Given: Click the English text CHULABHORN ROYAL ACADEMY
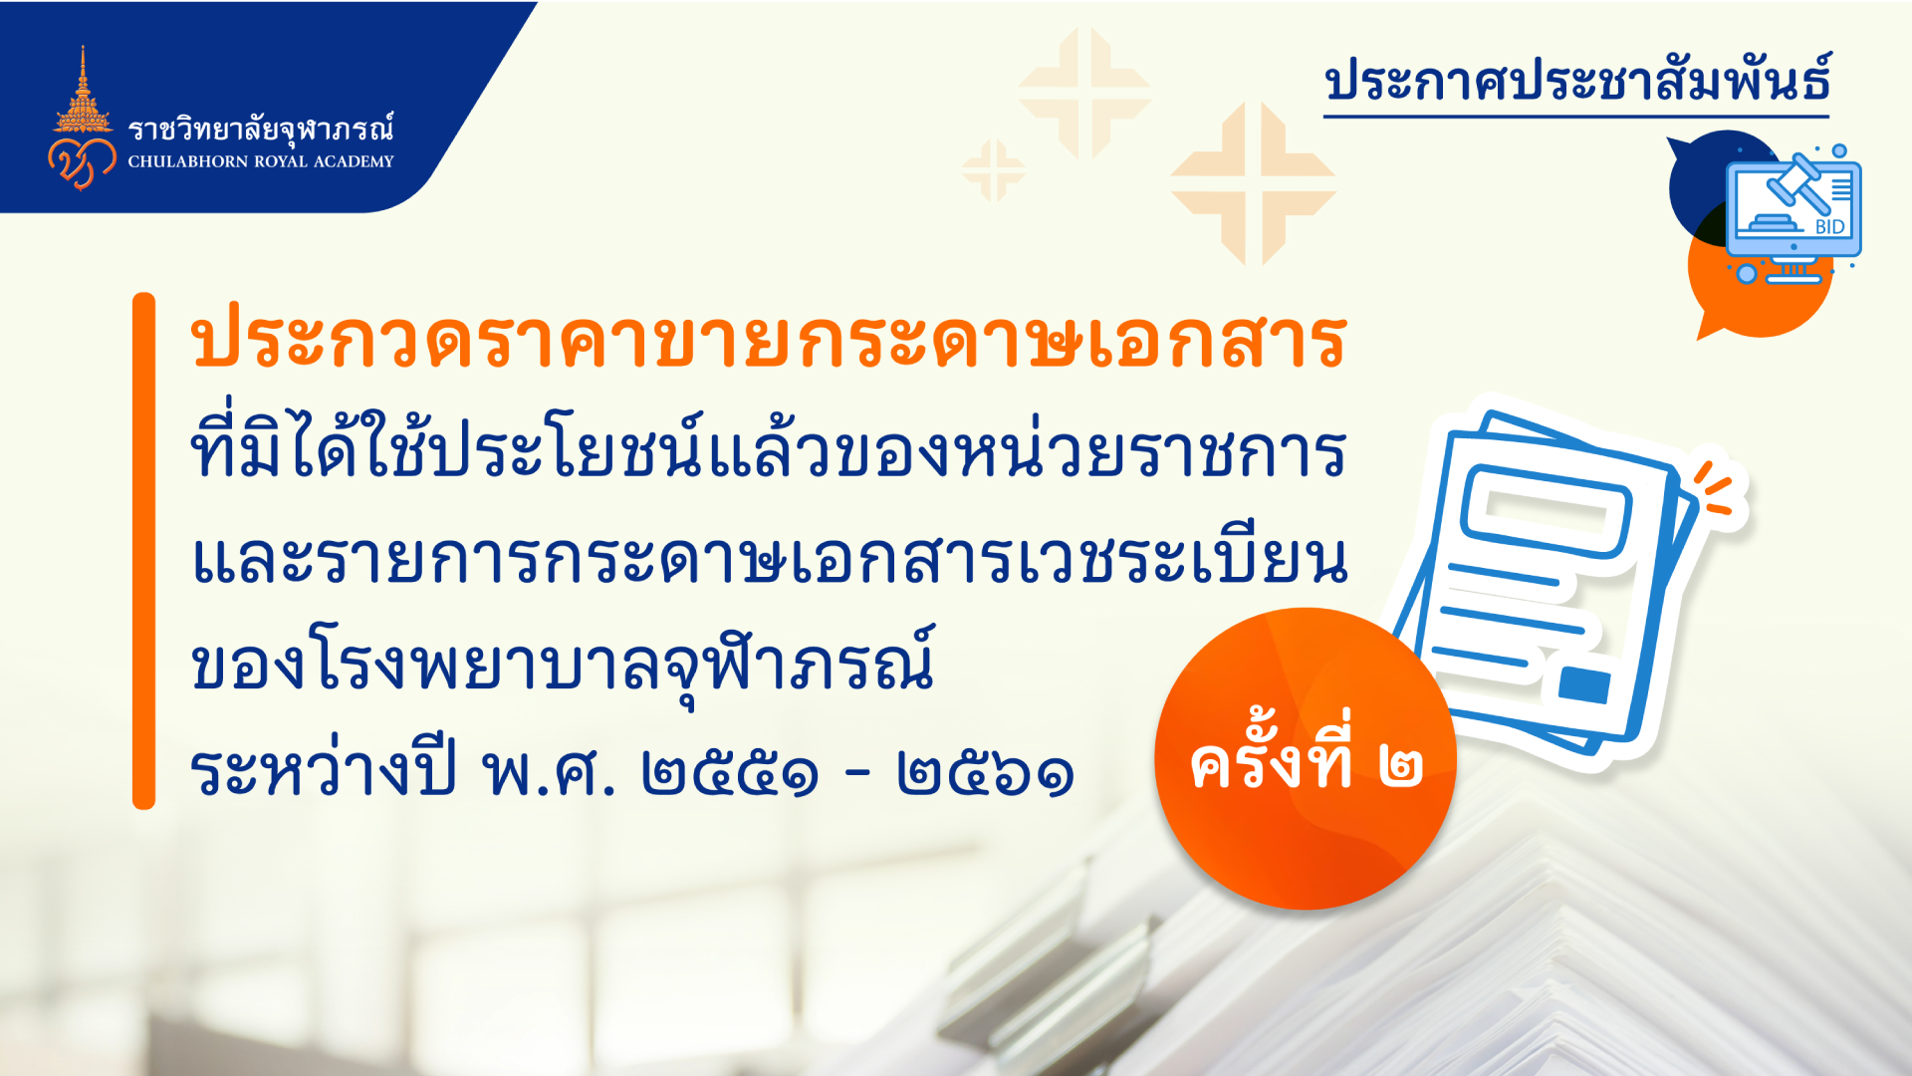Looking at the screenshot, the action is (261, 161).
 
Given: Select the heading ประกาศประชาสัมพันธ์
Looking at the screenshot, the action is (1577, 80).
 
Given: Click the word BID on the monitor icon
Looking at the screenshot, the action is (1829, 227).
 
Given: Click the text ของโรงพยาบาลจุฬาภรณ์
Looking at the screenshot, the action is (564, 663).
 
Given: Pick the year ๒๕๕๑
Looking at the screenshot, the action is (730, 773).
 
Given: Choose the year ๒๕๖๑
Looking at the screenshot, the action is (985, 773).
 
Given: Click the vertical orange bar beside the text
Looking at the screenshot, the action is (143, 550).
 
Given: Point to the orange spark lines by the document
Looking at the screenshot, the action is (1715, 489).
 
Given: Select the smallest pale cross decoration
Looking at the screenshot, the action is (994, 170).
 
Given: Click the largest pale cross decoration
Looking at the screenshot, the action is (1253, 183).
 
